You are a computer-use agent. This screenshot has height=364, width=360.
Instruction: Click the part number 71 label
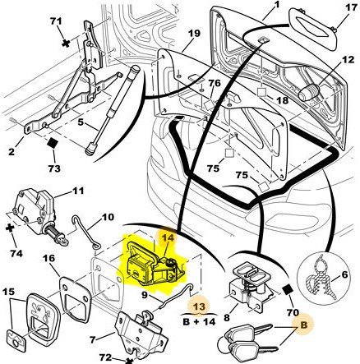tap(56, 21)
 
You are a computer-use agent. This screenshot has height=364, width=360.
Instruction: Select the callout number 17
tap(351, 7)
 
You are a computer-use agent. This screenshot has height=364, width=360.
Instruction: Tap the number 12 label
tap(348, 60)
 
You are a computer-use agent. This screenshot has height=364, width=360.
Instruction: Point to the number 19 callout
tap(194, 34)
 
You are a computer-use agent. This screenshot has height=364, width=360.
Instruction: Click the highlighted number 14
tap(168, 237)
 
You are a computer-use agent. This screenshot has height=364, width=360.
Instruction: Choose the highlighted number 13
tap(199, 306)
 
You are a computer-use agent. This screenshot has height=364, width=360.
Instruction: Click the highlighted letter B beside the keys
tap(304, 325)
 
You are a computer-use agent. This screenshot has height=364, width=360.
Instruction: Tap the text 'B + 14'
tap(199, 321)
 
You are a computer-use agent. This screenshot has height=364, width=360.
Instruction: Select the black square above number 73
tap(52, 143)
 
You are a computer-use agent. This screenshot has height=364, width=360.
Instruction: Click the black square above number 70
tap(287, 290)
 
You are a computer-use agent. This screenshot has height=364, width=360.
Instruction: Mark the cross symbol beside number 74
tap(10, 228)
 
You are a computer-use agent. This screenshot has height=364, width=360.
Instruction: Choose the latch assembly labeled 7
tap(140, 337)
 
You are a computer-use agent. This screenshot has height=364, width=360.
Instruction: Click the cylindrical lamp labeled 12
tap(308, 92)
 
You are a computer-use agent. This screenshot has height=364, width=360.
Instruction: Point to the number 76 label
tap(215, 83)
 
